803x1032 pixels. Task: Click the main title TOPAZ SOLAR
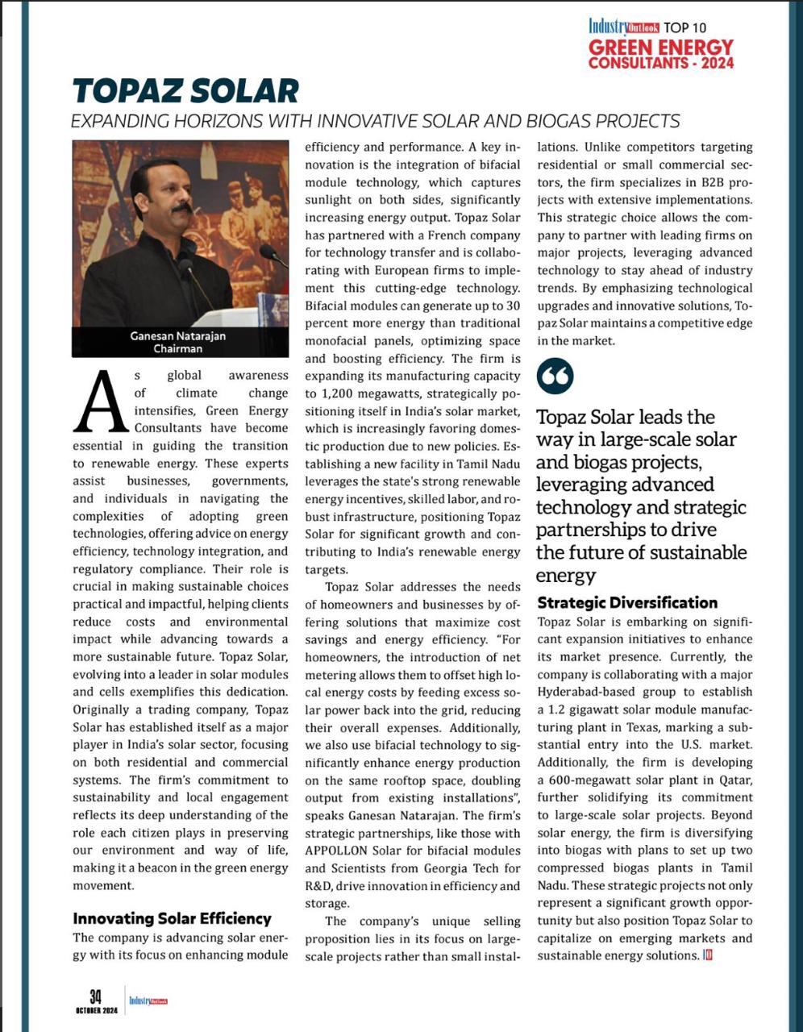pos(185,90)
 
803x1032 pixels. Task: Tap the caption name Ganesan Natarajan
pos(178,336)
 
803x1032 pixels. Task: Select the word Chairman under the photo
pos(178,349)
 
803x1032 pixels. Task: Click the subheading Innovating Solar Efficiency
pos(172,918)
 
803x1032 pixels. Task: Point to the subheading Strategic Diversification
pos(627,602)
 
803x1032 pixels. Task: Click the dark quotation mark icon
pos(555,376)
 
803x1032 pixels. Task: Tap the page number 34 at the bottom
pos(95,997)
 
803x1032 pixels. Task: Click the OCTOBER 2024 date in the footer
pos(97,1011)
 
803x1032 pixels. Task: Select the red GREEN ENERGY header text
pos(661,48)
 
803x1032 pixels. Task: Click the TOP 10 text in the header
pos(686,27)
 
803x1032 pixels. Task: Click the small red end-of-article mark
pos(707,955)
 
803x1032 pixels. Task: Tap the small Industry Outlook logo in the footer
pos(148,1001)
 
